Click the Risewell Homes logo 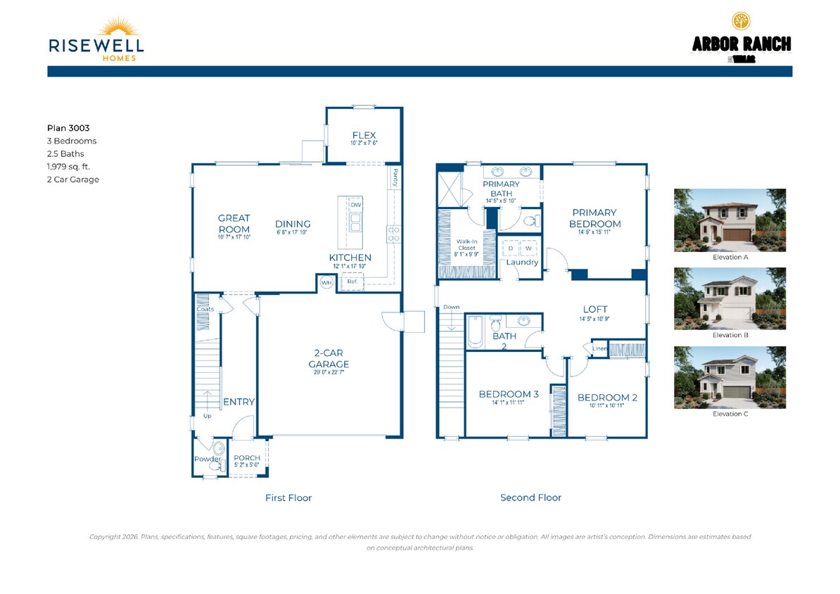(x=96, y=39)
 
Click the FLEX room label (x=364, y=135)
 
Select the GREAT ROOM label (x=234, y=224)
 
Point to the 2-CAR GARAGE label (x=329, y=359)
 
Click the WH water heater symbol (x=326, y=282)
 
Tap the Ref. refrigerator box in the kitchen (x=352, y=282)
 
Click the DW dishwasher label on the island (x=356, y=205)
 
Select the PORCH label (x=247, y=458)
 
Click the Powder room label (x=208, y=459)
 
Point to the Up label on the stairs (x=207, y=416)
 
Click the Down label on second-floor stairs (x=451, y=307)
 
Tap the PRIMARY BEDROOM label (x=594, y=218)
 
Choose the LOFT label (x=594, y=309)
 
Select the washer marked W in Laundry (x=528, y=248)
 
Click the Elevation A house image (x=730, y=220)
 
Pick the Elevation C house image (x=730, y=377)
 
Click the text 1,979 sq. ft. (x=68, y=167)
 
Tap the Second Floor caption (x=530, y=498)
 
